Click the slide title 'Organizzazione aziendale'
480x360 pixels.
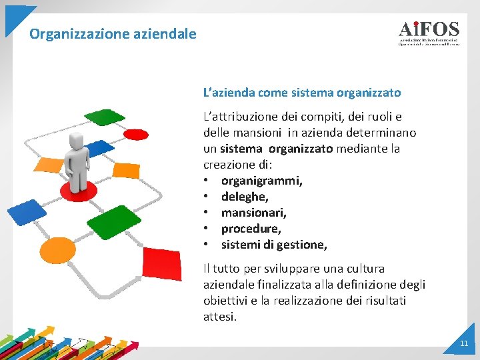coord(113,33)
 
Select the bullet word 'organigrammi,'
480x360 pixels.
coord(261,181)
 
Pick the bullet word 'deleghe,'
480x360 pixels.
coord(245,197)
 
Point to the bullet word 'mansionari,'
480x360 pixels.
coord(253,213)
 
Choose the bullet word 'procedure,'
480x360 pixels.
coord(251,229)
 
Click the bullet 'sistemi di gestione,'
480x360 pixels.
coord(274,245)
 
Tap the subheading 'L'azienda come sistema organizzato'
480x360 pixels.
coord(302,93)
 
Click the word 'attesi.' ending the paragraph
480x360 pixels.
coord(220,317)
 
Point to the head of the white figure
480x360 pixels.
coord(77,140)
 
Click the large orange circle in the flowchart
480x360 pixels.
coord(58,251)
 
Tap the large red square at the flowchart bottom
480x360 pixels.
coord(161,267)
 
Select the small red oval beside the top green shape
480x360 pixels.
coord(136,134)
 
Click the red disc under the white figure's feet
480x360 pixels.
coord(79,191)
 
